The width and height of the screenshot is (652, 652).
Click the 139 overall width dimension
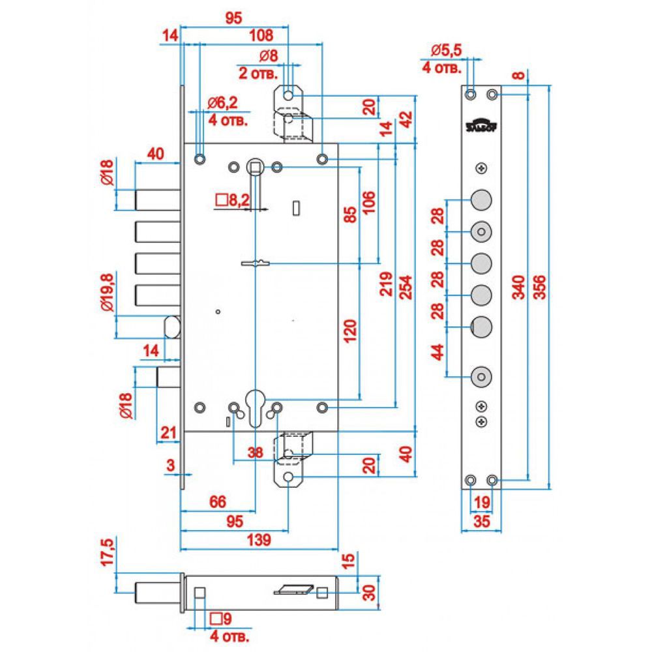259,540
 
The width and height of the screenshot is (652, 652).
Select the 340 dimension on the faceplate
519,287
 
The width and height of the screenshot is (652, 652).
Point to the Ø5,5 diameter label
447,50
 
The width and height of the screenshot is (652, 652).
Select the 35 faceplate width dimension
482,522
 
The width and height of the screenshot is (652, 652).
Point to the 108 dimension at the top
260,37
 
